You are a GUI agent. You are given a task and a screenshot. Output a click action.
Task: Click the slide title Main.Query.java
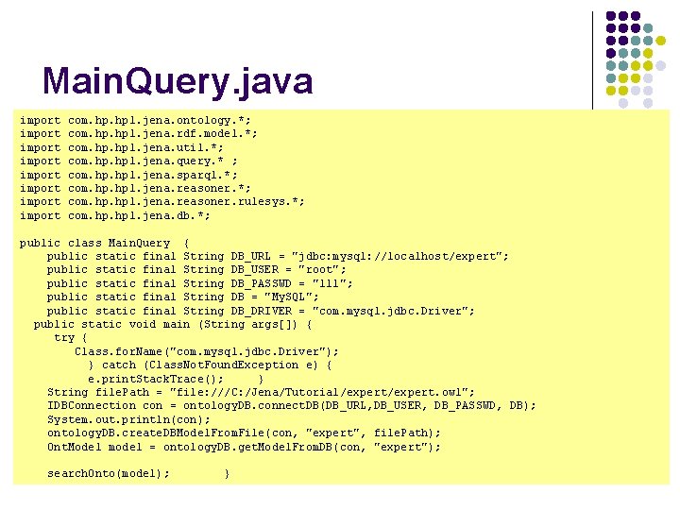[178, 82]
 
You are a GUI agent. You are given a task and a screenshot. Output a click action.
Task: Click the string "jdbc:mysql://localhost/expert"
[401, 256]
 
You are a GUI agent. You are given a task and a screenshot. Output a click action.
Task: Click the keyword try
[64, 337]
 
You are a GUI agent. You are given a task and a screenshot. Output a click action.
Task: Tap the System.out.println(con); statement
[129, 419]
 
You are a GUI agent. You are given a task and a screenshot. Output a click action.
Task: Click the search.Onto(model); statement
[109, 473]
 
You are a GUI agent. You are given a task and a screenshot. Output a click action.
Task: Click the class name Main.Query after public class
[140, 243]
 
